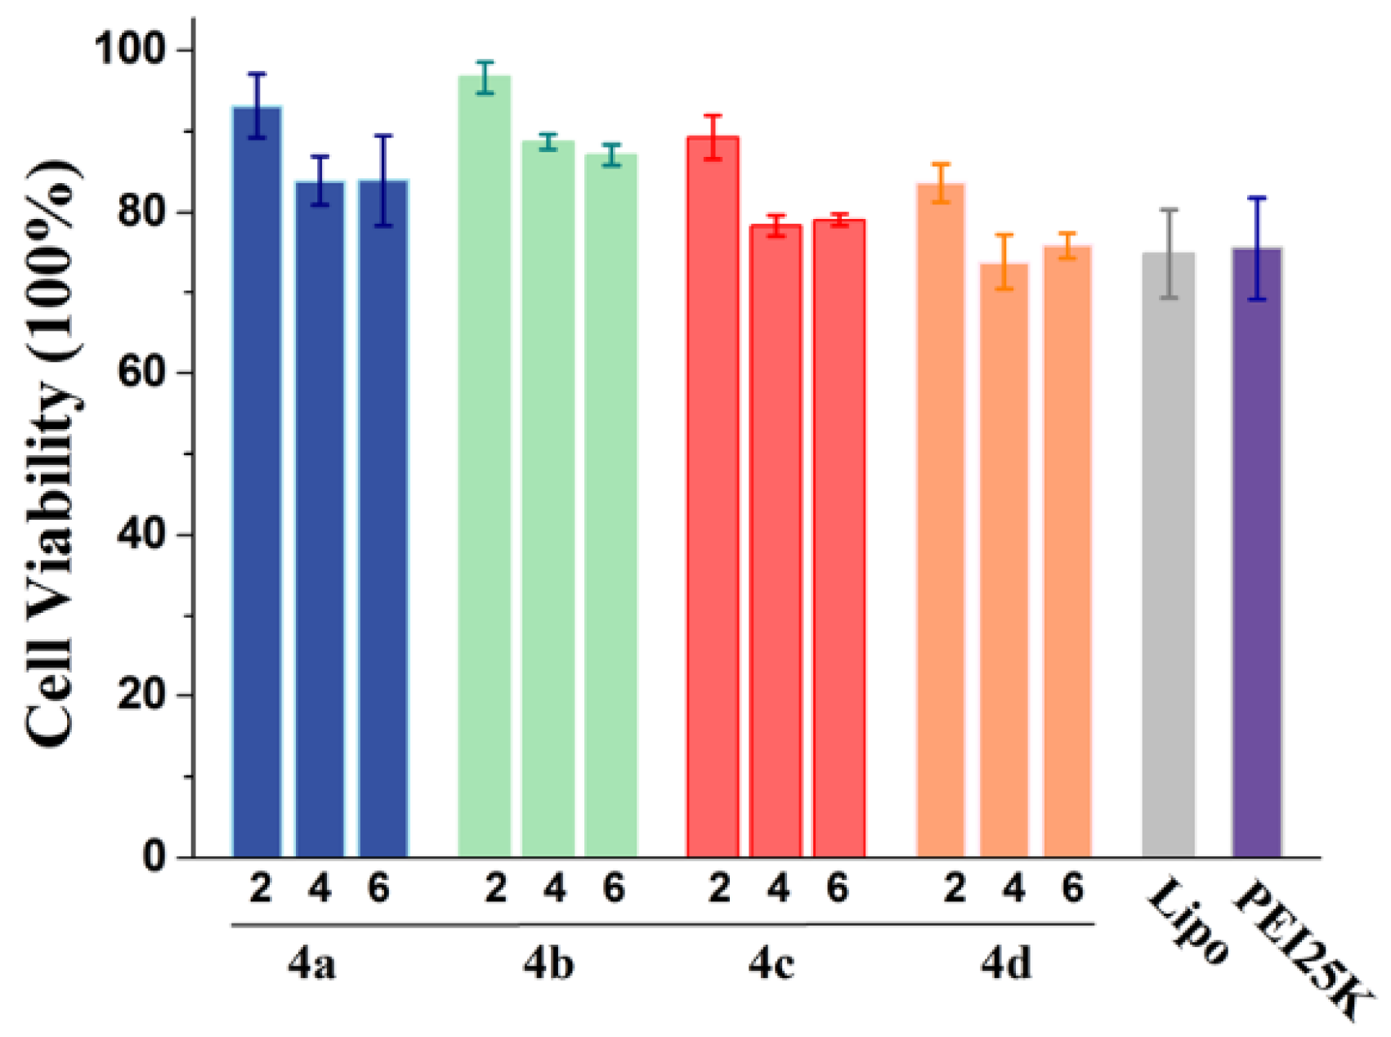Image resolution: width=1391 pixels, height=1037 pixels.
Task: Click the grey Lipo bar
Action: click(1168, 556)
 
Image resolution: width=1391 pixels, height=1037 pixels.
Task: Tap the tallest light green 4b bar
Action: click(485, 466)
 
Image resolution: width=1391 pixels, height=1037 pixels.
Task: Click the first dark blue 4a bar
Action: click(257, 482)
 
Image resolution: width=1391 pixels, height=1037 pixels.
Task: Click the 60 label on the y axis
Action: click(141, 373)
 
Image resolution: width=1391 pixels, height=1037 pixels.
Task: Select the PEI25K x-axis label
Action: click(1299, 952)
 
